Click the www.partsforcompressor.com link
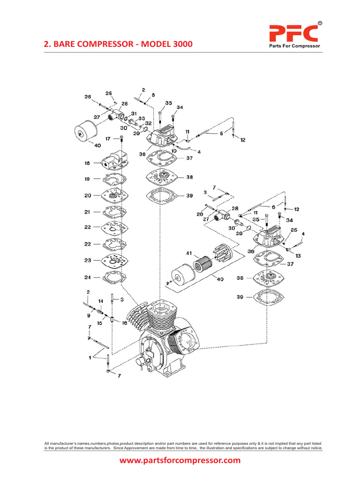(180, 460)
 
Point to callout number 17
(108, 139)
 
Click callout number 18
(87, 163)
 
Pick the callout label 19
(87, 179)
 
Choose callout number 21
(87, 212)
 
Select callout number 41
(189, 254)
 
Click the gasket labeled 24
(114, 277)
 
